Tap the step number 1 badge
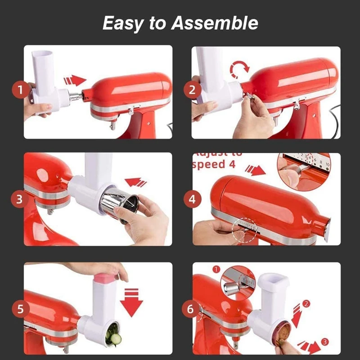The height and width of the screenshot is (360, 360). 19,90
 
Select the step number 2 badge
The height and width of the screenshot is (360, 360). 192,90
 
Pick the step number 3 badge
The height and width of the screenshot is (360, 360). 19,199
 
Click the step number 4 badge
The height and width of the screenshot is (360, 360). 192,199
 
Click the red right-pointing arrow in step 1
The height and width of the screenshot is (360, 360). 75,81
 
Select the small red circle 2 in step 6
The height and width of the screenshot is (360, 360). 306,304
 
